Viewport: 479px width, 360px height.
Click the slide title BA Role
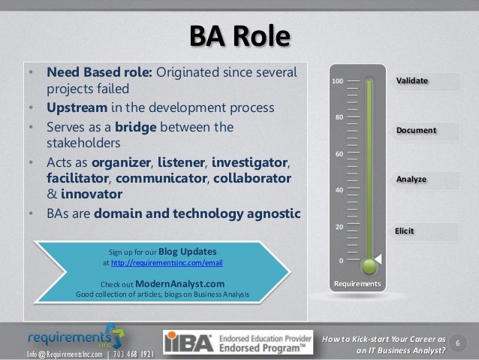point(239,36)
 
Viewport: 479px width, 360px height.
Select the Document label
point(417,131)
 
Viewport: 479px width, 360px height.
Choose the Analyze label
point(411,180)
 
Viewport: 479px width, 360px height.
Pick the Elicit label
point(405,231)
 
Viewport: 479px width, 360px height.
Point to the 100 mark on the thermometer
point(338,80)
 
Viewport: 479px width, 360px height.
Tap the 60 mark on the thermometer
point(339,153)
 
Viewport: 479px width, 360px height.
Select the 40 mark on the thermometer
point(339,189)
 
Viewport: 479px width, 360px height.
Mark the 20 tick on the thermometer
point(339,225)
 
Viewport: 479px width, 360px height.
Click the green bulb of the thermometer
point(368,265)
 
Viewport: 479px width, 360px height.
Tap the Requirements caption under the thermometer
point(357,284)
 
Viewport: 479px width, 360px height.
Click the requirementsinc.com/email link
point(167,263)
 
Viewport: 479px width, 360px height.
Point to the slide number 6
point(459,343)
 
